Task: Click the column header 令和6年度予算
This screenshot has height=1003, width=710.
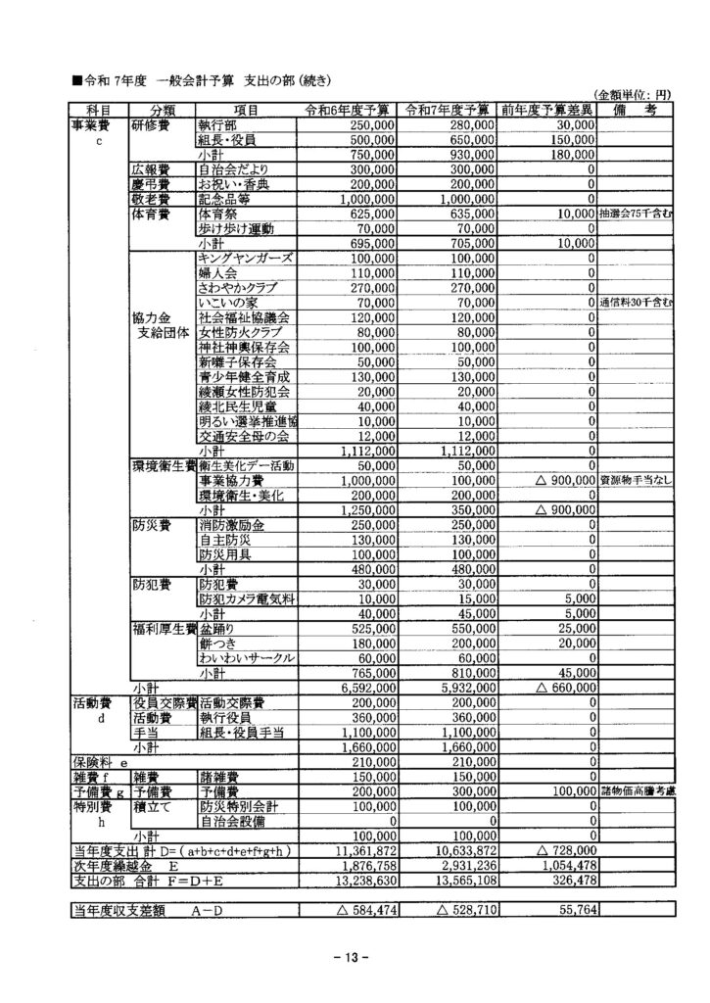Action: (349, 111)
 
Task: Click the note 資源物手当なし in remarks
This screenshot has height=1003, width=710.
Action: (634, 481)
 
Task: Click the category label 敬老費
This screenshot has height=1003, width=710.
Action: (152, 197)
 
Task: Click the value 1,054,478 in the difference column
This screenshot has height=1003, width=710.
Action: (562, 866)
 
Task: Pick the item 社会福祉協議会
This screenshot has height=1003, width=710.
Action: (244, 317)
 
